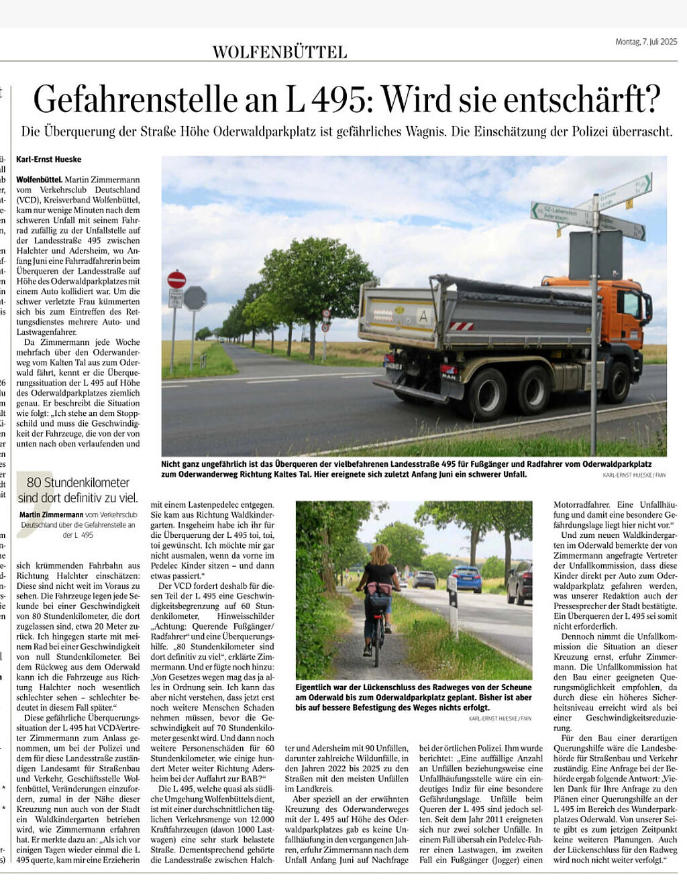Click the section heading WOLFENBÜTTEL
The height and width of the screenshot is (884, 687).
pos(279,52)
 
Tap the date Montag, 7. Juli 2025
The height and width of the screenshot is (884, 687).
pos(646,42)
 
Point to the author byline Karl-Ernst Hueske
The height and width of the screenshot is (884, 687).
pos(49,159)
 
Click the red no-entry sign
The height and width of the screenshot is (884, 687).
pos(176,279)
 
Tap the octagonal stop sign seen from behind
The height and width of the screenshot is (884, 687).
pos(195,298)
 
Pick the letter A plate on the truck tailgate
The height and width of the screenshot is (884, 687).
pos(423,315)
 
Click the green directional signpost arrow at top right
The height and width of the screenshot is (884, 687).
pos(625,191)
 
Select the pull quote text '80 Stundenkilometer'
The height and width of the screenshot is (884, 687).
pos(78,482)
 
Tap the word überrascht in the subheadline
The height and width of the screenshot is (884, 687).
pos(637,131)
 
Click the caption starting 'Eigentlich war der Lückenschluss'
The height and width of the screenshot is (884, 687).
pos(413,697)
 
